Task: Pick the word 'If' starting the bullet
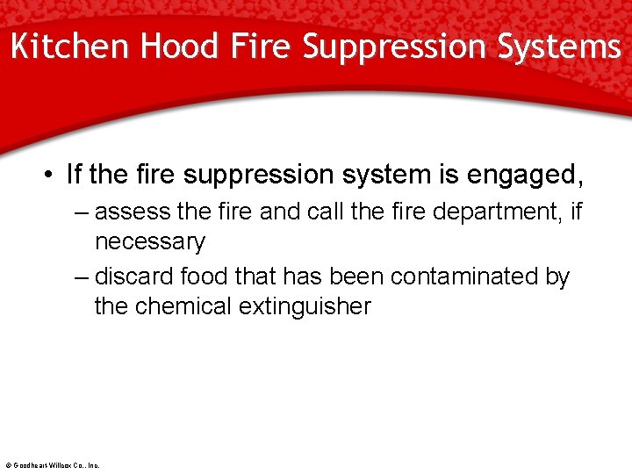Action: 75,175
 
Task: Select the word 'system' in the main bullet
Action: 385,176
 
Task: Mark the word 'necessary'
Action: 149,241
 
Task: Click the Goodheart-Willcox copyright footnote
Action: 53,465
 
